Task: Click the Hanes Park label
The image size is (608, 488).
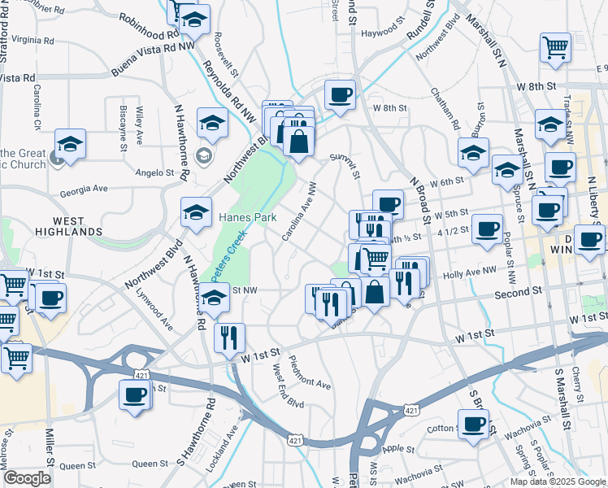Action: point(248,218)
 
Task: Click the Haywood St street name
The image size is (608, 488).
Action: point(383,33)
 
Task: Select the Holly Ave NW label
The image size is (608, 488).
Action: point(470,276)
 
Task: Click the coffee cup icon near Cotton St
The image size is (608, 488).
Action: point(473,425)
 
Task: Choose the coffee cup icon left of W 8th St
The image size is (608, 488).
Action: point(340,94)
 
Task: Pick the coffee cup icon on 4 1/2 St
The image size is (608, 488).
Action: point(487,228)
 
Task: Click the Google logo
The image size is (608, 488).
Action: point(28,478)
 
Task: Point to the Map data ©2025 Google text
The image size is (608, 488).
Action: point(557,481)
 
